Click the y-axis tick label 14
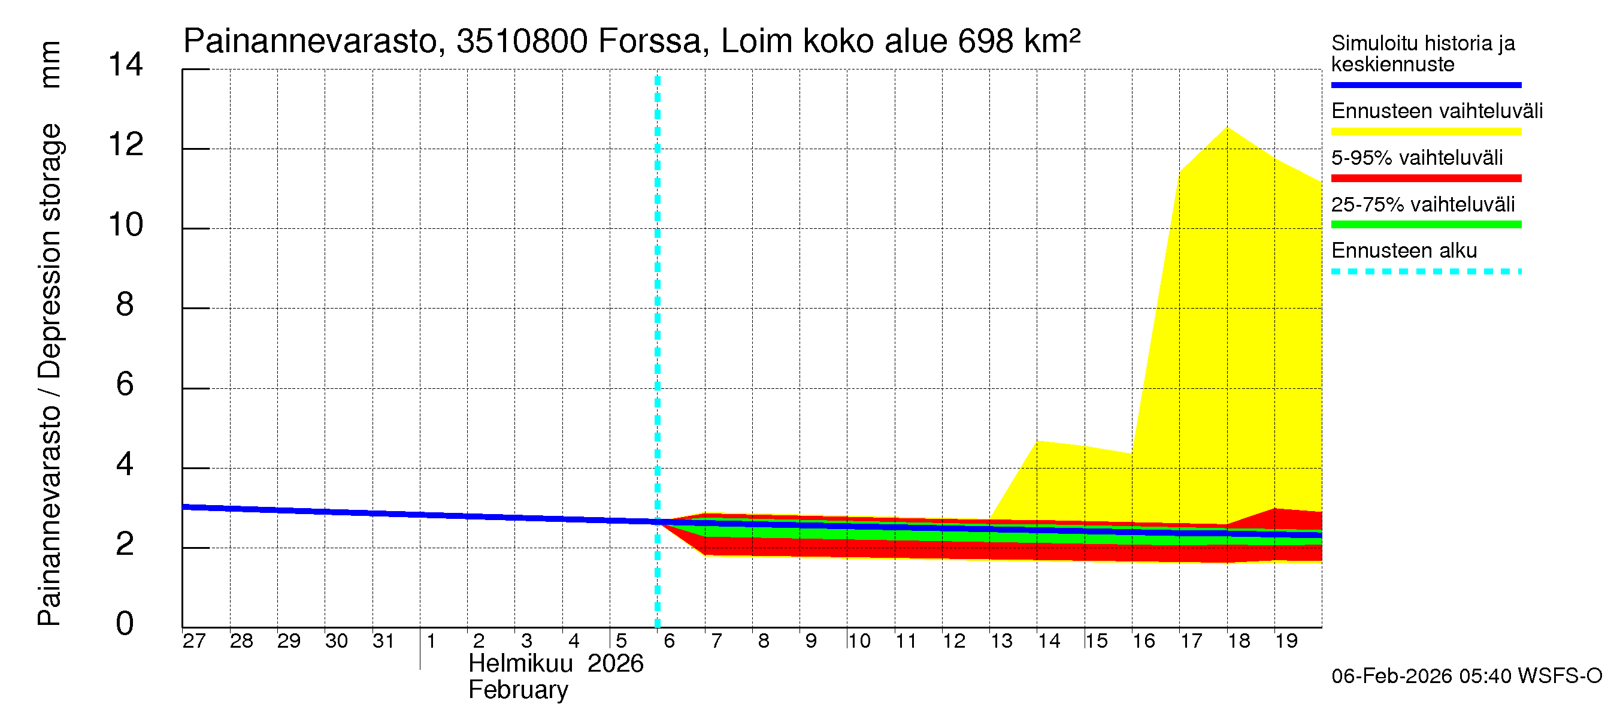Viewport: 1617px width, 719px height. [126, 65]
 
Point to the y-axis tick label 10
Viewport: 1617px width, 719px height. [126, 225]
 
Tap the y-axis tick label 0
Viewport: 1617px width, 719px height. [125, 624]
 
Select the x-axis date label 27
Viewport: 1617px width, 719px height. [194, 641]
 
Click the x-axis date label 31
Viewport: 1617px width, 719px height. [383, 641]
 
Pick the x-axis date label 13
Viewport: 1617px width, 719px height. [1001, 641]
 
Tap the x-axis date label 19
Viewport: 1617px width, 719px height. [1286, 641]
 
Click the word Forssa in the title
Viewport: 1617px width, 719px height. [649, 41]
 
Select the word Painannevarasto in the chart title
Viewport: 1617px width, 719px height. [311, 41]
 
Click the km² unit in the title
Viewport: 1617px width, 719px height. [1052, 41]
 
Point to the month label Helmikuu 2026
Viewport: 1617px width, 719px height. [556, 664]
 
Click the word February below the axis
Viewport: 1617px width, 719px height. [518, 690]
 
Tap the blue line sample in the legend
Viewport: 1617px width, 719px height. [1425, 84]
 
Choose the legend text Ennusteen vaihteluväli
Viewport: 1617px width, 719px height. [1437, 111]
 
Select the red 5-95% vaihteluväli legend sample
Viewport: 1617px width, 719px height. [1425, 179]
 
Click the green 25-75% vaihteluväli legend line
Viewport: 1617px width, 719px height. [1425, 225]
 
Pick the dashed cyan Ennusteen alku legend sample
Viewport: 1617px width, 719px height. [1425, 272]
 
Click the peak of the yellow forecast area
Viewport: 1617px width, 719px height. [1227, 128]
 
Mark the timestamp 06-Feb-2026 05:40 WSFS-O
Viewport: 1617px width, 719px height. [1466, 676]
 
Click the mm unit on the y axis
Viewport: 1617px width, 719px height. [50, 65]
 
